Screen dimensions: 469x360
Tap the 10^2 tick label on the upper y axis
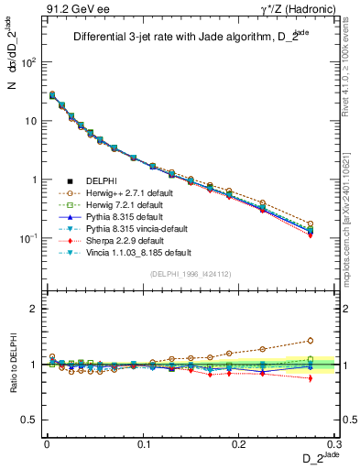pyautogui.click(x=28, y=62)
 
